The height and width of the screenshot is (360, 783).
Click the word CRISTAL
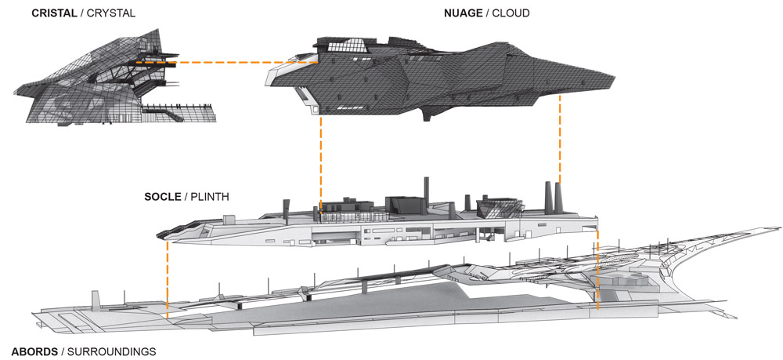pyautogui.click(x=52, y=13)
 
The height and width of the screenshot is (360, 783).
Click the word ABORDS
pyautogui.click(x=35, y=351)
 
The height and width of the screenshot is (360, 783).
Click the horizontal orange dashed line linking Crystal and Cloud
pyautogui.click(x=227, y=62)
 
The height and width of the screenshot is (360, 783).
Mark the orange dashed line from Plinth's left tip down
pyautogui.click(x=168, y=278)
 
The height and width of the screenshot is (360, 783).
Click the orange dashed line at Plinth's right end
pyautogui.click(x=597, y=267)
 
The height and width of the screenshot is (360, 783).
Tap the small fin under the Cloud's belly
pyautogui.click(x=426, y=116)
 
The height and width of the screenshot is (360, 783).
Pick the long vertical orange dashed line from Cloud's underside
pyautogui.click(x=320, y=165)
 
